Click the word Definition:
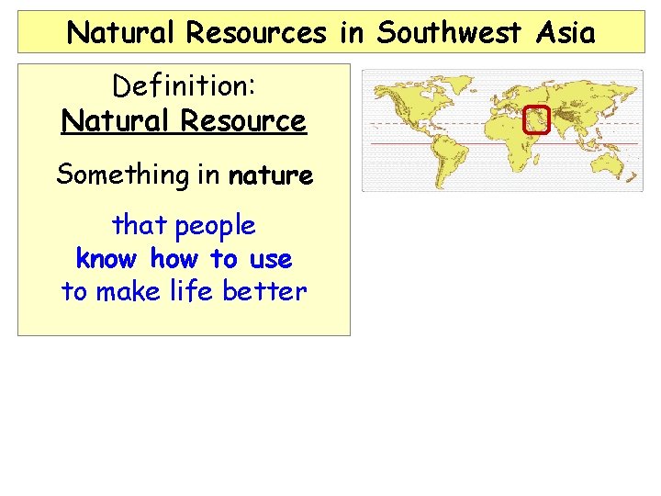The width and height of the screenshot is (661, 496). [x=184, y=87]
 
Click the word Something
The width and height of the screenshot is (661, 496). [x=117, y=175]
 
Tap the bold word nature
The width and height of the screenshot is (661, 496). [x=271, y=175]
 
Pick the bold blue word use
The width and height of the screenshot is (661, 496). [x=269, y=259]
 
